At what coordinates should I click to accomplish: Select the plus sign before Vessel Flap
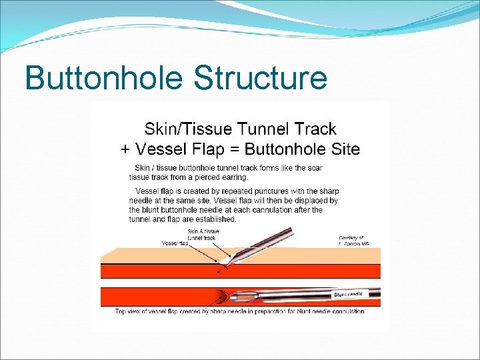[125, 149]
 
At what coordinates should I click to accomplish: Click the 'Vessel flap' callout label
[174, 244]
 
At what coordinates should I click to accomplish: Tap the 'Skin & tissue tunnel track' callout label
[203, 235]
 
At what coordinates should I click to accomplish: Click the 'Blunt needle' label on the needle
[349, 294]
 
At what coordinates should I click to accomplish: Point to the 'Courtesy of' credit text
[351, 238]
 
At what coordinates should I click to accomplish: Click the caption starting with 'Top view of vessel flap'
[240, 311]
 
